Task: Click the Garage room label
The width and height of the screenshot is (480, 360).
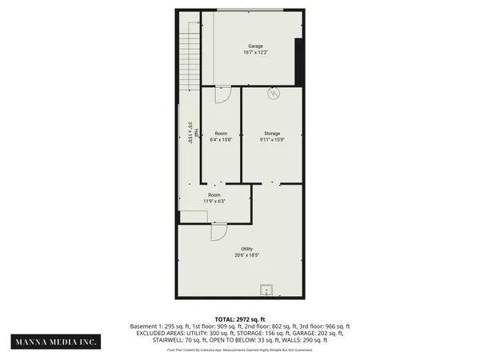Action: [x=255, y=46]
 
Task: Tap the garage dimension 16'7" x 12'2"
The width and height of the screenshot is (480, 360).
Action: [x=255, y=53]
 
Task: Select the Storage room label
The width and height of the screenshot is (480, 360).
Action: [x=272, y=133]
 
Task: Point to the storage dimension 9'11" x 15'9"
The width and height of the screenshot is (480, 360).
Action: [x=272, y=139]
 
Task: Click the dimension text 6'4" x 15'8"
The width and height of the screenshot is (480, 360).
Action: [x=221, y=139]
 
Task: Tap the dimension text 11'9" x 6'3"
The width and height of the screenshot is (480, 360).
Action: [x=214, y=201]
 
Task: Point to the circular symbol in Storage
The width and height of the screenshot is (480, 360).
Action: [x=274, y=94]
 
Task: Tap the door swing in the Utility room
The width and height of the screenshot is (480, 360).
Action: [x=218, y=232]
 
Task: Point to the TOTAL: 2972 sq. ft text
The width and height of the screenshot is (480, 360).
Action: [x=240, y=319]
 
